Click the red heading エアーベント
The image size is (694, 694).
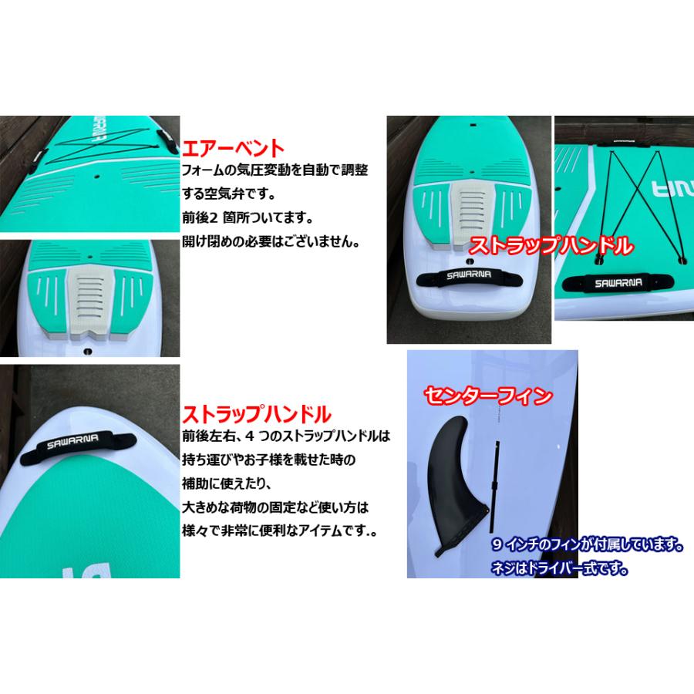pyautogui.click(x=233, y=147)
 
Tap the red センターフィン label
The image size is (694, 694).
pyautogui.click(x=488, y=396)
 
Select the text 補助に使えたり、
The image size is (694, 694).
pyautogui.click(x=216, y=483)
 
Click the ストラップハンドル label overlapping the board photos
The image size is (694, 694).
pyautogui.click(x=551, y=246)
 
